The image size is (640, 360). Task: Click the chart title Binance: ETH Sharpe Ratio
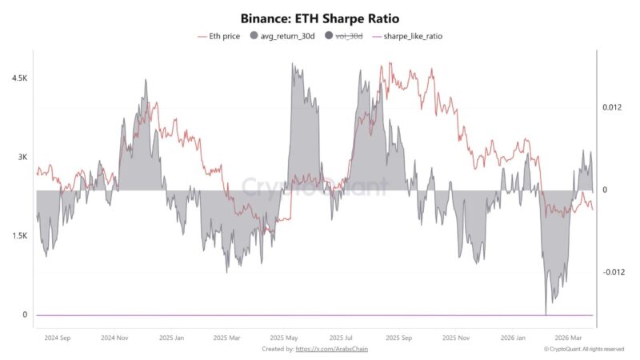click(x=320, y=18)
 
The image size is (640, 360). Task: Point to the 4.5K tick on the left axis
click(x=17, y=78)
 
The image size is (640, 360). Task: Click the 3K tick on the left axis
click(x=21, y=158)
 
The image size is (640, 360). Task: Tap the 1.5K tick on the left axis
click(x=17, y=236)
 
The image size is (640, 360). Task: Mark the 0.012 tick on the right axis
click(x=612, y=107)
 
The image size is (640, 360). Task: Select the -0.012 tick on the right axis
click(x=613, y=272)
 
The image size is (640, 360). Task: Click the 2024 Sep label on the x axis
click(x=58, y=338)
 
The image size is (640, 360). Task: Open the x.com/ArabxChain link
click(x=332, y=349)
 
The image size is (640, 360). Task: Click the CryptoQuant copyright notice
click(x=583, y=349)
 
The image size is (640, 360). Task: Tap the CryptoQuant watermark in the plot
click(x=315, y=187)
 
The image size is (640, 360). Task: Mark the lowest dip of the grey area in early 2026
click(x=546, y=314)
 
